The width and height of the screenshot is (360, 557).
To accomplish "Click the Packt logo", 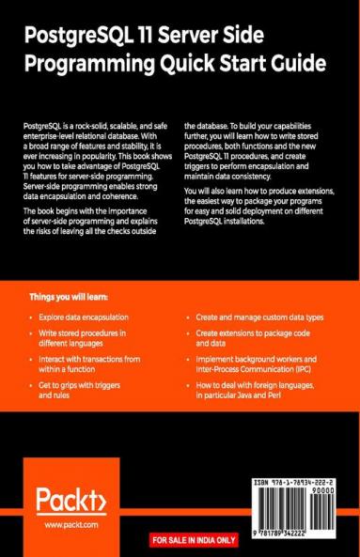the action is [x=69, y=498].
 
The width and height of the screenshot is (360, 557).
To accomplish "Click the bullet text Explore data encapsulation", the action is [x=89, y=317].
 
